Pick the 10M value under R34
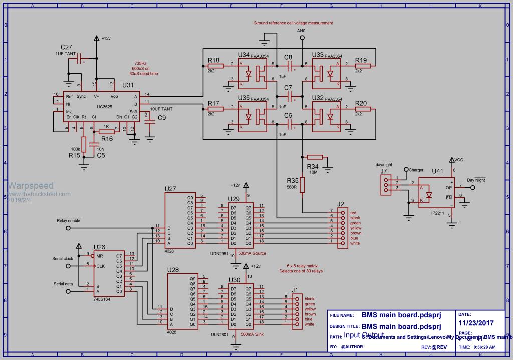(x=313, y=172)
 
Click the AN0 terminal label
(x=301, y=31)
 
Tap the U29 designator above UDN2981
(x=233, y=199)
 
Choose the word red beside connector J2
(x=353, y=213)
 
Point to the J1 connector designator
(x=295, y=290)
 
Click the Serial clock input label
(x=63, y=259)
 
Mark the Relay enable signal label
(x=69, y=220)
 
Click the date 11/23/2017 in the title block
(x=472, y=324)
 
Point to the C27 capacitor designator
(x=66, y=46)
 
